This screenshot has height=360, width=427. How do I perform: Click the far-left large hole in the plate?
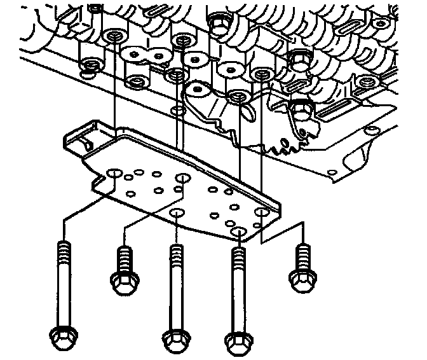(x=115, y=173)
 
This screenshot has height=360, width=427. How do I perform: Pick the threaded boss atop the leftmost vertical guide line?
(x=115, y=36)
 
